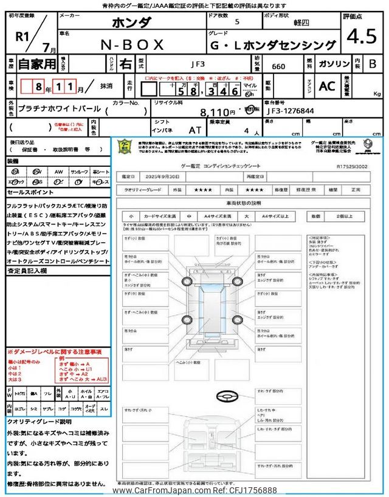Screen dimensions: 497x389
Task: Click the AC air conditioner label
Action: pyautogui.click(x=327, y=86)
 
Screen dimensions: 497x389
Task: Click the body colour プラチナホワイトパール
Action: pyautogui.click(x=57, y=111)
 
